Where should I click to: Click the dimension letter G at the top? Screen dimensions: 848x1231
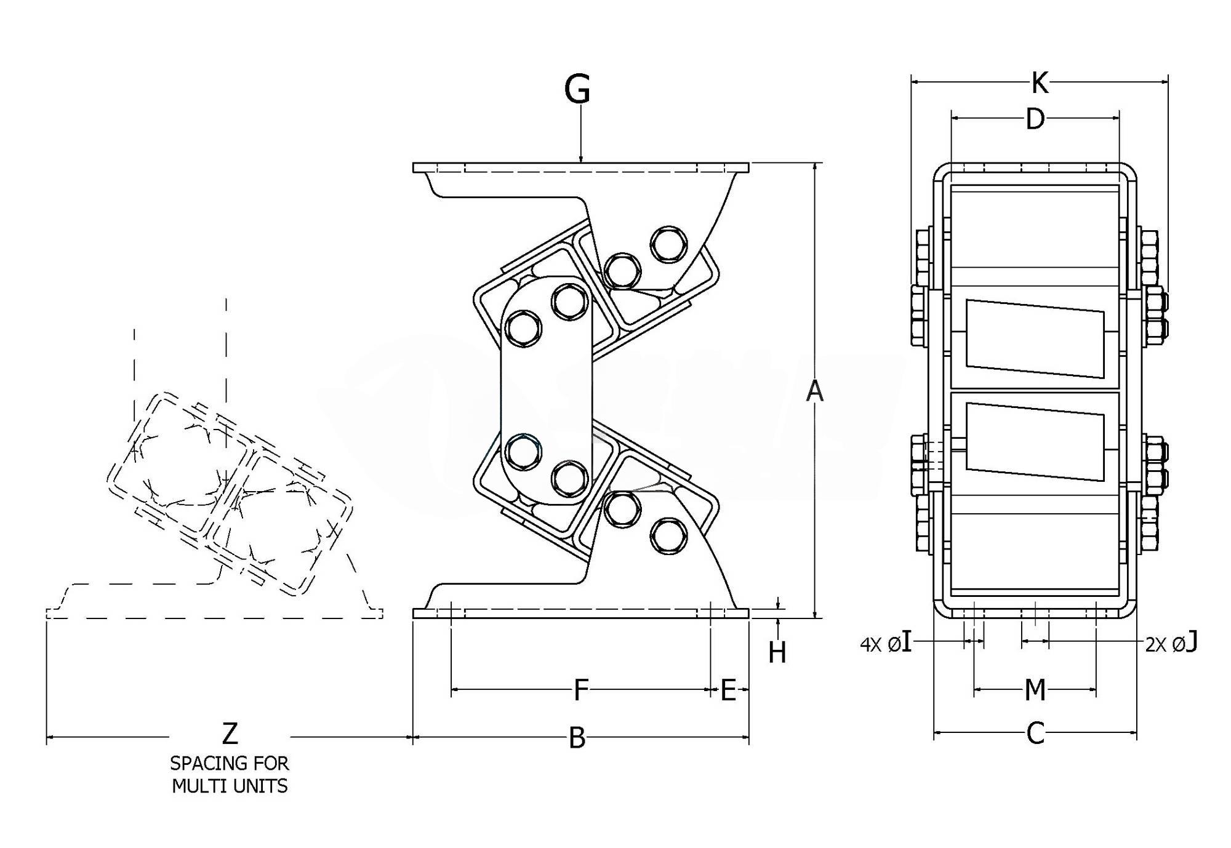(577, 90)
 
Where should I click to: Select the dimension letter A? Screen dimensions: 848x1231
(814, 391)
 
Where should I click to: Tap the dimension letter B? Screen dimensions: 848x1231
(577, 738)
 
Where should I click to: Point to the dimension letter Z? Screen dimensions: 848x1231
(230, 734)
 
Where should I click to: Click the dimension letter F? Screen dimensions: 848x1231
(581, 690)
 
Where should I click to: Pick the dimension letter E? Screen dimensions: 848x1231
(728, 690)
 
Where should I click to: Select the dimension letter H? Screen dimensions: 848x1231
(777, 652)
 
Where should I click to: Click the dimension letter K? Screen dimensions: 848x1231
(1040, 83)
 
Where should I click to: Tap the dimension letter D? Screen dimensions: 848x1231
(1035, 119)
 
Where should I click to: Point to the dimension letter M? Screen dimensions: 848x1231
(1035, 690)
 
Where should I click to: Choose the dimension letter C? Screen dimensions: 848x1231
(1035, 733)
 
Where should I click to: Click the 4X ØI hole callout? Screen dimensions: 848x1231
(886, 644)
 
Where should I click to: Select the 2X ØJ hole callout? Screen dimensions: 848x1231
(1171, 644)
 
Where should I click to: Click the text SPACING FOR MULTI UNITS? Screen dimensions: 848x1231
(230, 775)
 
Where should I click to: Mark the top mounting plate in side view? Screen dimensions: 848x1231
(580, 167)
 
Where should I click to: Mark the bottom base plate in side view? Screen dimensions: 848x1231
(580, 613)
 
